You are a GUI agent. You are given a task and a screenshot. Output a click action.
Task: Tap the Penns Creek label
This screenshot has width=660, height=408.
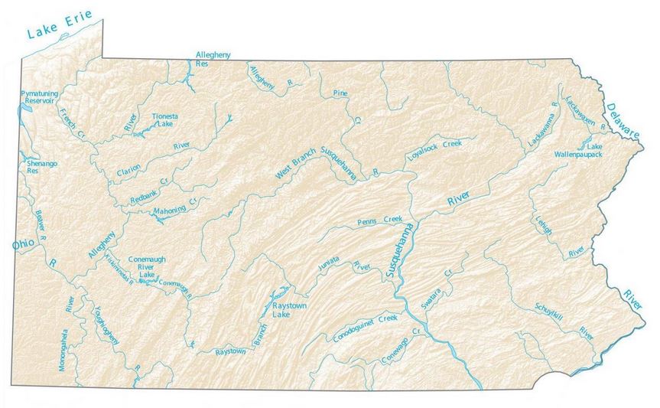pos(379,221)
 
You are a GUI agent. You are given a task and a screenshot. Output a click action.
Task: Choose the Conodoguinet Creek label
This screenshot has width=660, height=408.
pos(366,328)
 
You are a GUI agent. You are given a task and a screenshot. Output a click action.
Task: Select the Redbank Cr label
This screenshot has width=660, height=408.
pos(148,188)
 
